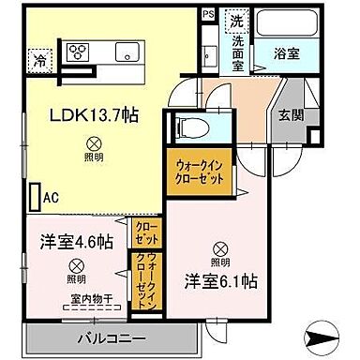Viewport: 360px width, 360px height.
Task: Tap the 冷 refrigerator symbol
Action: pyautogui.click(x=40, y=58)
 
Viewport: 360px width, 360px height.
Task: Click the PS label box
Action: pyautogui.click(x=207, y=16)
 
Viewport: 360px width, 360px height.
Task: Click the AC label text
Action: pyautogui.click(x=51, y=199)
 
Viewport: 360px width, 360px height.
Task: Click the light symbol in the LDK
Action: pyautogui.click(x=94, y=142)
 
